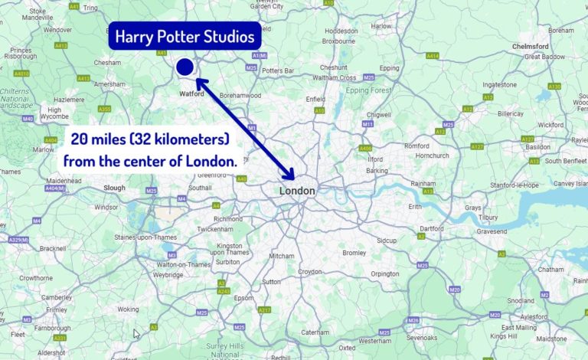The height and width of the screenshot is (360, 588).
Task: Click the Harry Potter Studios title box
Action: (185, 37)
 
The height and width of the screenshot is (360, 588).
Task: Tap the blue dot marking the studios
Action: (185, 67)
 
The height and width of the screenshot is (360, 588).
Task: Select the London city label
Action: (297, 191)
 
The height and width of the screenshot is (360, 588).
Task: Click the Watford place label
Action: (191, 94)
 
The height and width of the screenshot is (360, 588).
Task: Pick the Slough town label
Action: (114, 188)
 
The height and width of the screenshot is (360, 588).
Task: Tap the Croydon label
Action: (310, 272)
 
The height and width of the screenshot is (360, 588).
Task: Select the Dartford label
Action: (431, 228)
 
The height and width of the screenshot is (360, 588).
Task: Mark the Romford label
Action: (416, 146)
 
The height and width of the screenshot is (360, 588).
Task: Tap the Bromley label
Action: (354, 253)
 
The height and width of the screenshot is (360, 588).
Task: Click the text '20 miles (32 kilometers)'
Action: (150, 139)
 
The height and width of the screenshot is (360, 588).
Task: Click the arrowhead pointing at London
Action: (293, 176)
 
